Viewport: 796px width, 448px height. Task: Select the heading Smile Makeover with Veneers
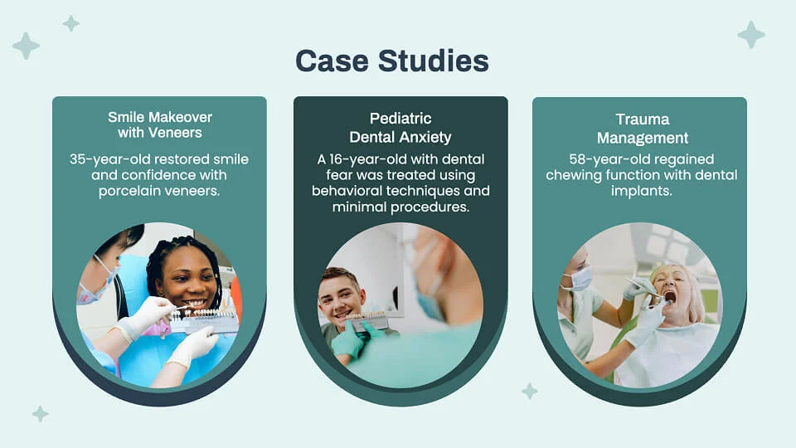pyautogui.click(x=159, y=124)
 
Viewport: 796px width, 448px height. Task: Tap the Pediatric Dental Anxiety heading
pyautogui.click(x=400, y=127)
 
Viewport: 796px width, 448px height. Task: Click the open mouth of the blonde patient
pyautogui.click(x=669, y=296)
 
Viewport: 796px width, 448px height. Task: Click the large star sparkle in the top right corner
pyautogui.click(x=751, y=34)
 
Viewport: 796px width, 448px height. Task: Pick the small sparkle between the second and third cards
pyautogui.click(x=529, y=391)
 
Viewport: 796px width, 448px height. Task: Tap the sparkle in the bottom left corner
pyautogui.click(x=40, y=413)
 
